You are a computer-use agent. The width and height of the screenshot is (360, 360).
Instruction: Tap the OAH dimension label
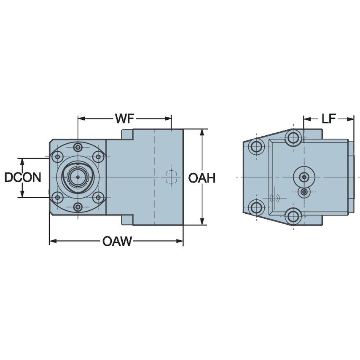point(201,178)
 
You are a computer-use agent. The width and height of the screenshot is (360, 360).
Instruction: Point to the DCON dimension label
point(22,177)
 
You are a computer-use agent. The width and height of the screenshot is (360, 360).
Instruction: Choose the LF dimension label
point(329,119)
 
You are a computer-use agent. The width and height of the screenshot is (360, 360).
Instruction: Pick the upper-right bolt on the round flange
point(98,157)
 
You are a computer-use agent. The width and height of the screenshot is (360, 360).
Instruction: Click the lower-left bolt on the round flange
point(56,197)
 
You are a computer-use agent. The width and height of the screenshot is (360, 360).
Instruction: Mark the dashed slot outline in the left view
point(170,177)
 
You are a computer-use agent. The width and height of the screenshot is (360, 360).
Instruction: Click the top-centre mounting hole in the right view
point(293,137)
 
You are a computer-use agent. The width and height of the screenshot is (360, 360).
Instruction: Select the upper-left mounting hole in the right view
point(256,147)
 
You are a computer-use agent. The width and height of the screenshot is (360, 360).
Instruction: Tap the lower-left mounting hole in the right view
point(256,207)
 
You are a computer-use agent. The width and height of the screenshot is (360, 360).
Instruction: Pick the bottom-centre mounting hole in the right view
point(293,216)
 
